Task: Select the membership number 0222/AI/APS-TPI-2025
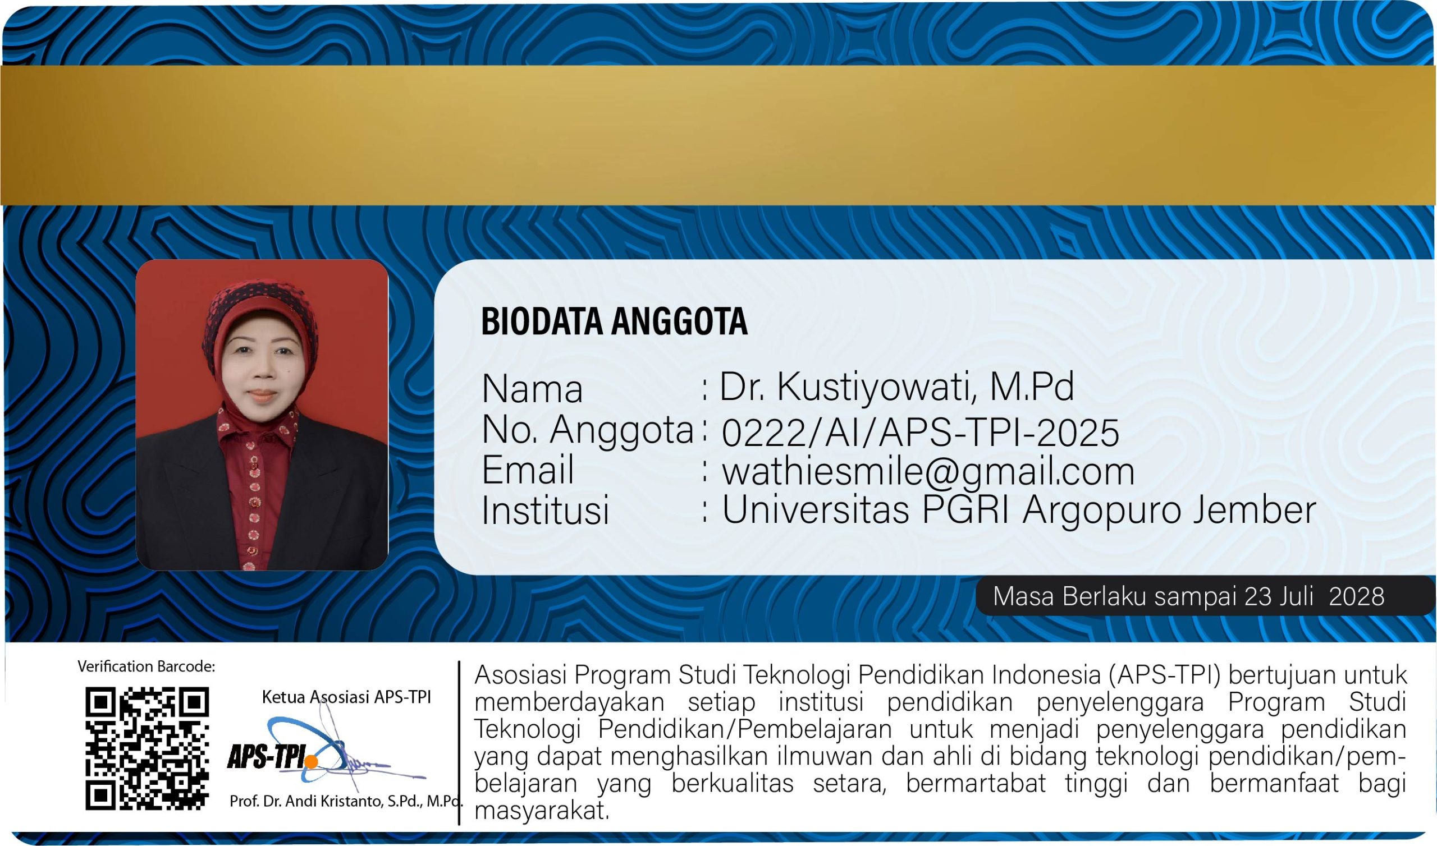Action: click(921, 433)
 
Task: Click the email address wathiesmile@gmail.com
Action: click(928, 472)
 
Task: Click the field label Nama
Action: click(532, 389)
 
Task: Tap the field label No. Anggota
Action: click(587, 430)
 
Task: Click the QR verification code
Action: click(147, 748)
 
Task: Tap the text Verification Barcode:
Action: click(147, 666)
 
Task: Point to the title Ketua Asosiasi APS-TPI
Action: click(346, 697)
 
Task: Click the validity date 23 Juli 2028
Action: click(1315, 596)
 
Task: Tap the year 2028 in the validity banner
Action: click(1357, 596)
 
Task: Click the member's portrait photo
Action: click(262, 415)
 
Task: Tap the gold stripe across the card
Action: click(718, 135)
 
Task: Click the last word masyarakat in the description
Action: click(541, 811)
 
